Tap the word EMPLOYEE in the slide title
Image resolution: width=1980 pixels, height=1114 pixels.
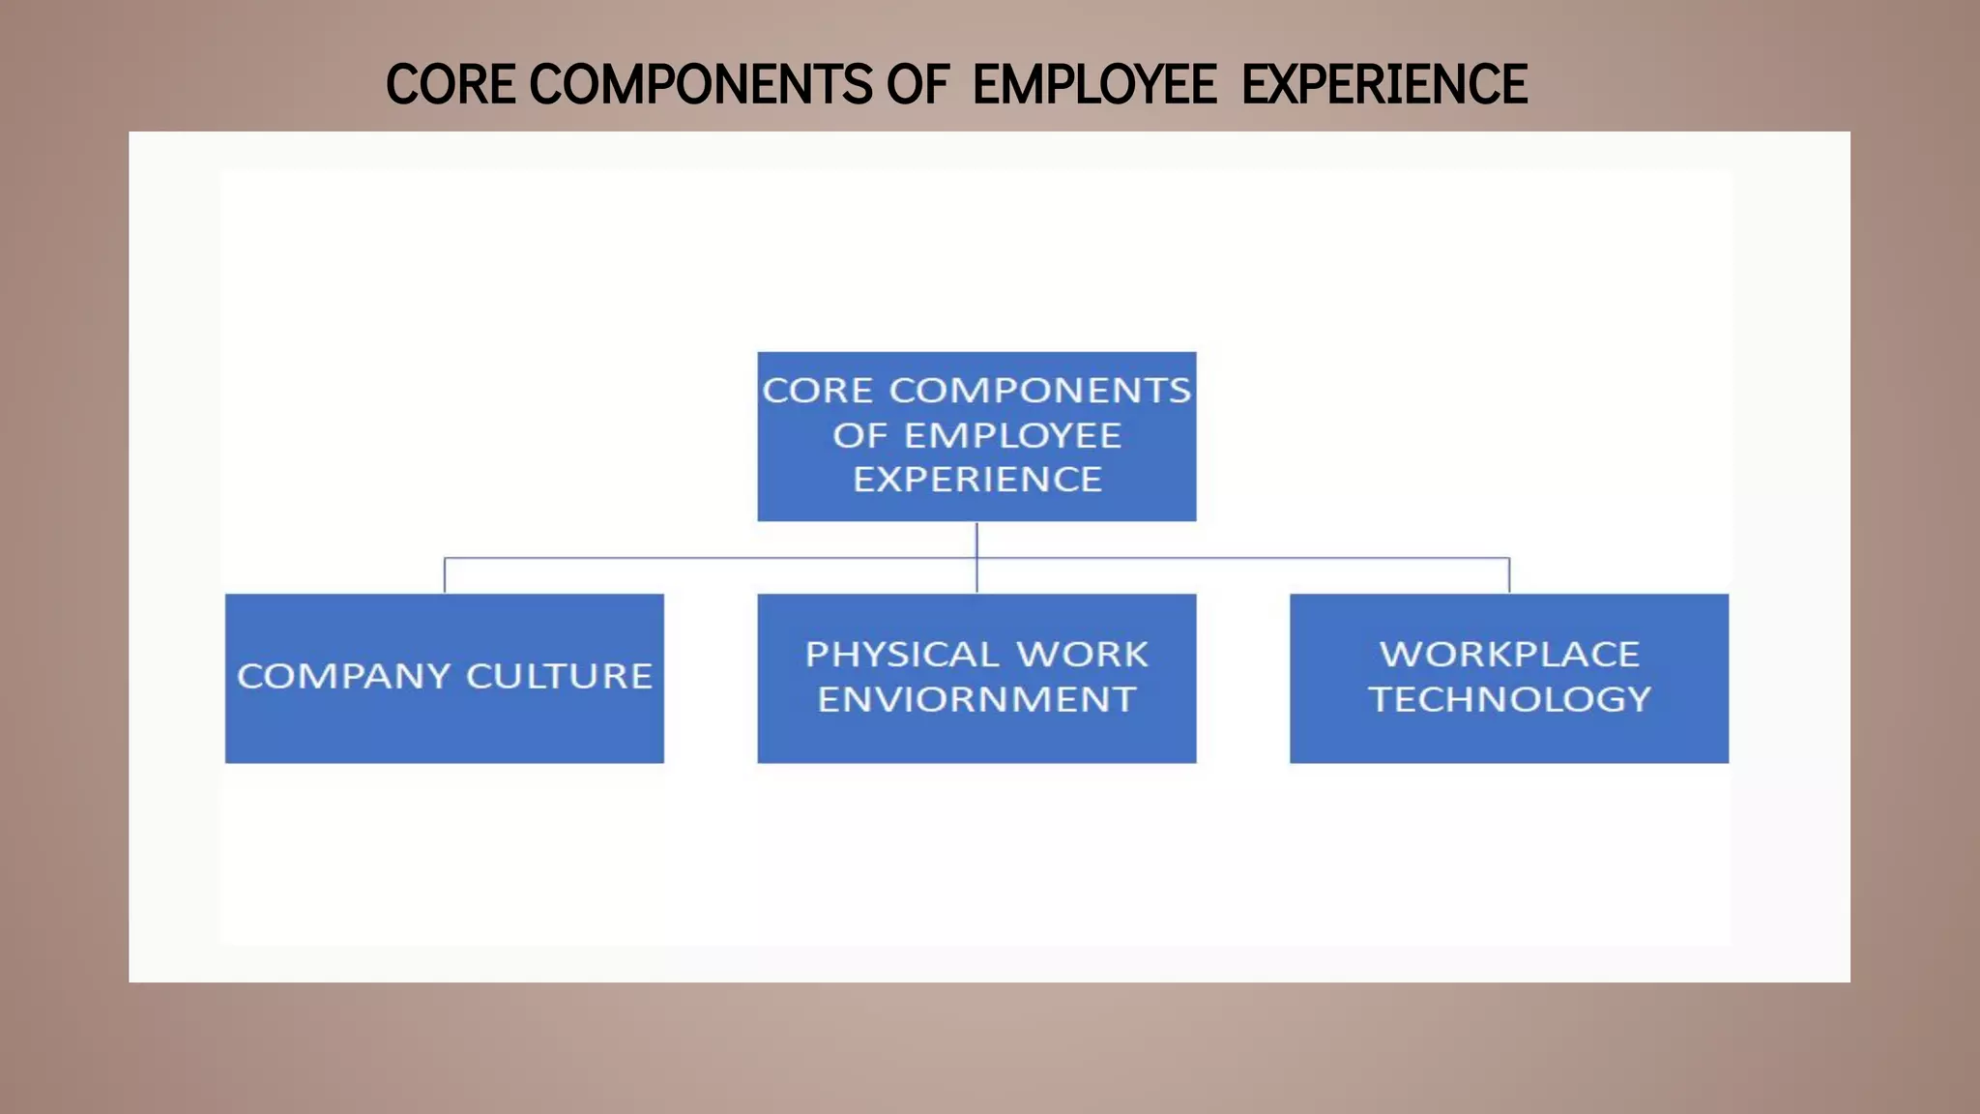[x=1094, y=84]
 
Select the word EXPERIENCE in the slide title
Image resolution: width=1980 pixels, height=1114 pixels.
[x=1384, y=84]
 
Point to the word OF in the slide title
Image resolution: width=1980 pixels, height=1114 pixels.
[x=917, y=84]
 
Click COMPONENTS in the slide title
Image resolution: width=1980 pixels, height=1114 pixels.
[x=701, y=84]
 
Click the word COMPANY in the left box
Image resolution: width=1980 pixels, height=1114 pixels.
[x=343, y=676]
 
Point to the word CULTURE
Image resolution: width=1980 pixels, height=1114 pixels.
[x=559, y=676]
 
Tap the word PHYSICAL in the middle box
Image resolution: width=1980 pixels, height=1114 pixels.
[x=901, y=655]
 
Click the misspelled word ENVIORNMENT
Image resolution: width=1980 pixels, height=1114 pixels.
[x=976, y=699]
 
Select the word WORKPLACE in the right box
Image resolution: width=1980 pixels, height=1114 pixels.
[x=1509, y=655]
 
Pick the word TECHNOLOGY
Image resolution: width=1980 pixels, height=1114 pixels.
[x=1509, y=699]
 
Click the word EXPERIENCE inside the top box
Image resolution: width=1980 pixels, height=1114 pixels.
[x=976, y=480]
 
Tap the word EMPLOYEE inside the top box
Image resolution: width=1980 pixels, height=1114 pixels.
[x=1012, y=436]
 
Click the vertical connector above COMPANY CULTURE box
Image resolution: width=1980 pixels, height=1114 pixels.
[x=445, y=575]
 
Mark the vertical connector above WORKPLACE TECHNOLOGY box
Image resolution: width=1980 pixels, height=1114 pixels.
[x=1509, y=575]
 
